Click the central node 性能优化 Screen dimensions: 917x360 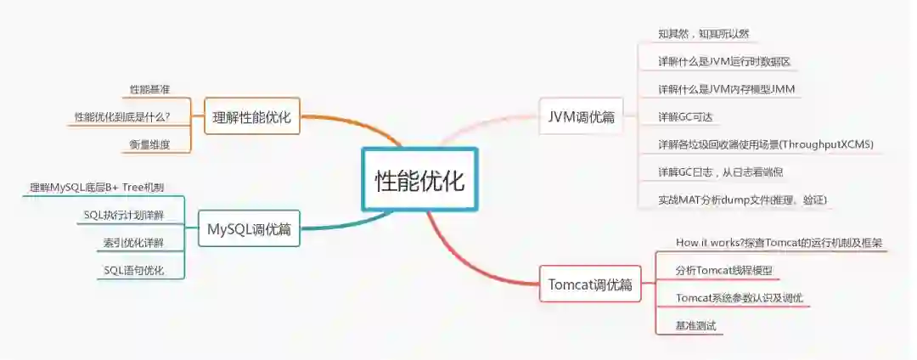[x=420, y=179]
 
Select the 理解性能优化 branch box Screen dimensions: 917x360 [x=251, y=117]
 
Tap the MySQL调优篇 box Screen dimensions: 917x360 [x=249, y=229]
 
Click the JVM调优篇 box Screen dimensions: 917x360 [x=581, y=117]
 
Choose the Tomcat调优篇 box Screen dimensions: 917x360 [x=590, y=284]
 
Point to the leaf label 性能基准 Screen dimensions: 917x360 [x=149, y=89]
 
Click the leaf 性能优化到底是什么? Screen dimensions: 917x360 [x=122, y=116]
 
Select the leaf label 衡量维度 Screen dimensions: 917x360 [x=149, y=144]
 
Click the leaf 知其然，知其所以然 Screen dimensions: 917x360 [x=703, y=35]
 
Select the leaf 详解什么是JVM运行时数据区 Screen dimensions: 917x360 [x=725, y=62]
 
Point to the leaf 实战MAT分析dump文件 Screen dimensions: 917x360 [x=742, y=200]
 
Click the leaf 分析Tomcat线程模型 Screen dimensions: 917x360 [x=724, y=271]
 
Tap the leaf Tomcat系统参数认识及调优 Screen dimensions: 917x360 [x=740, y=298]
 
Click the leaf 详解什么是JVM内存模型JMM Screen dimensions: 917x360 [x=726, y=89]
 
